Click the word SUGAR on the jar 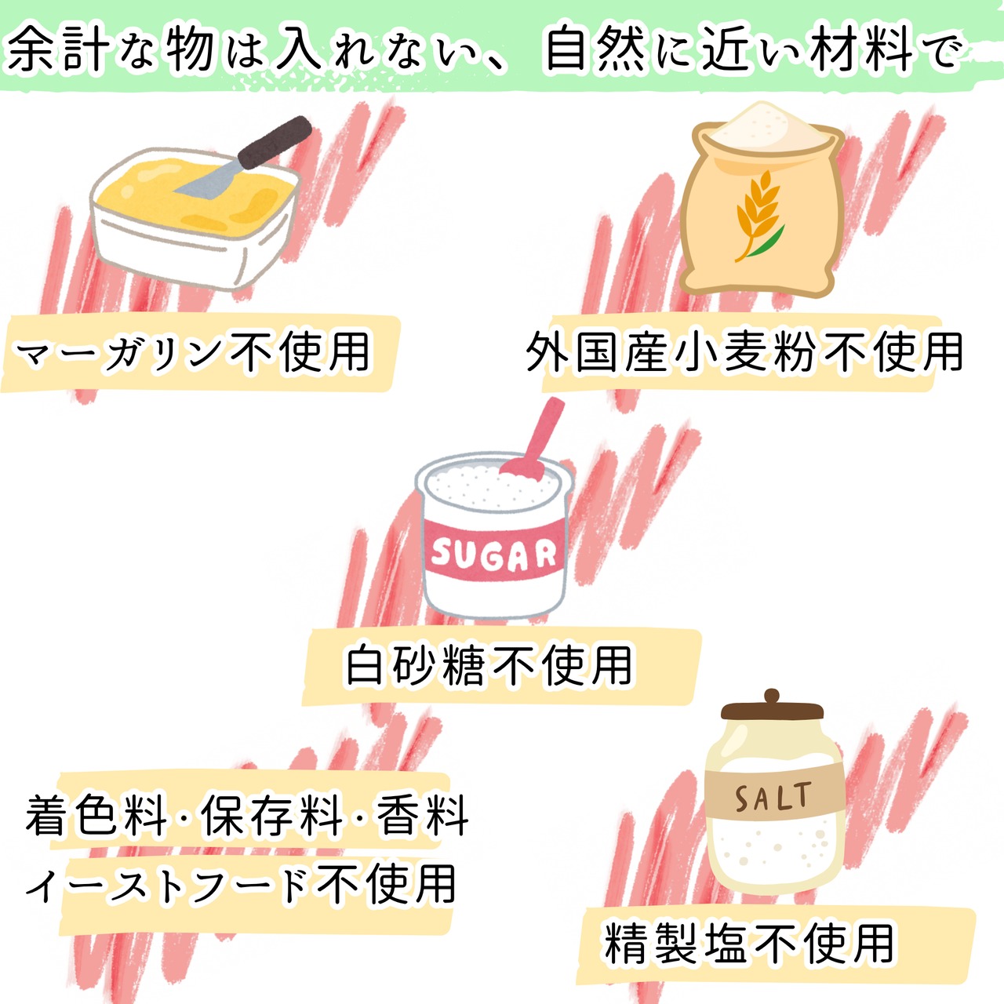click(x=493, y=555)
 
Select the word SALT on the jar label click(x=772, y=798)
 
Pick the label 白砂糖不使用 click(x=489, y=666)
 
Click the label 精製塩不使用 click(x=749, y=944)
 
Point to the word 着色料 click(x=97, y=817)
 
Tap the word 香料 click(x=424, y=817)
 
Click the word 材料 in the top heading click(x=862, y=49)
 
